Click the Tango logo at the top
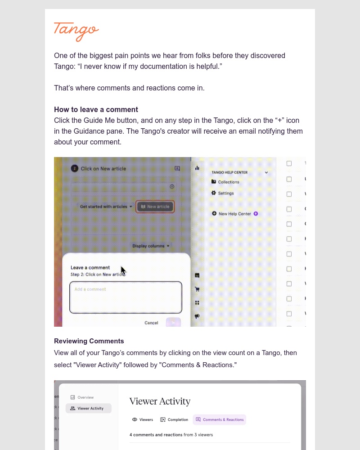(x=76, y=31)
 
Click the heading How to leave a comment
(x=96, y=109)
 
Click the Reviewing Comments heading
(x=89, y=341)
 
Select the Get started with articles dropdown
(x=106, y=207)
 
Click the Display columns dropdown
(x=151, y=246)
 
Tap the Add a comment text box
(x=126, y=297)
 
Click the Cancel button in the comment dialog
(x=151, y=323)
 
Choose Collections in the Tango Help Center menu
(x=228, y=182)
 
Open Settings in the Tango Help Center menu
(x=225, y=193)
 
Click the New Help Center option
(x=234, y=214)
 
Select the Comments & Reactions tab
(x=220, y=419)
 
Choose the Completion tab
(x=174, y=419)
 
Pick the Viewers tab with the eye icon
(x=143, y=419)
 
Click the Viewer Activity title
(x=160, y=401)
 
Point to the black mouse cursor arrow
(x=123, y=270)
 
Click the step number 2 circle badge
(x=74, y=168)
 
